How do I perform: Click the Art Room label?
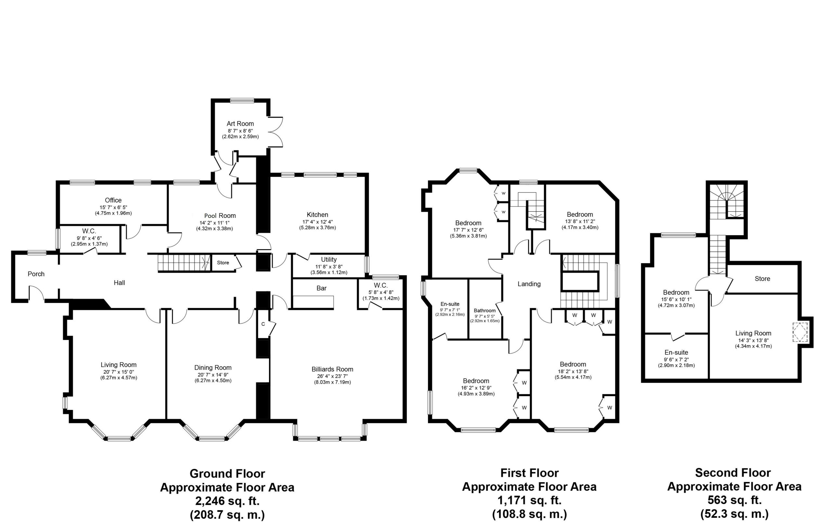click(x=240, y=124)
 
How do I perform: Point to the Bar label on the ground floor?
click(x=321, y=288)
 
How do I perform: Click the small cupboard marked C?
click(x=263, y=324)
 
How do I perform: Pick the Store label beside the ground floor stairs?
click(x=223, y=262)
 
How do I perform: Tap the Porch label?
click(x=36, y=274)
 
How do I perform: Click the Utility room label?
click(x=329, y=260)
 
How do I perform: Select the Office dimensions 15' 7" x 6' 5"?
click(x=113, y=207)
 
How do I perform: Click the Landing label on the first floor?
click(x=529, y=284)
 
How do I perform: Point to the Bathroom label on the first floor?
click(x=485, y=310)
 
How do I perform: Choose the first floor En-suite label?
click(x=450, y=304)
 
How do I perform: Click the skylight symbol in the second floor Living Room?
click(x=800, y=332)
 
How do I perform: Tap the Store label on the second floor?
click(x=762, y=279)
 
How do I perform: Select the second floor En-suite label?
click(x=676, y=352)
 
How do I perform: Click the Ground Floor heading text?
click(x=227, y=473)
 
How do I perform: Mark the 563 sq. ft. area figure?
click(x=734, y=500)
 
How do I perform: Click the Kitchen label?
click(x=317, y=215)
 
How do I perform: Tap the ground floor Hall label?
click(x=119, y=283)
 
